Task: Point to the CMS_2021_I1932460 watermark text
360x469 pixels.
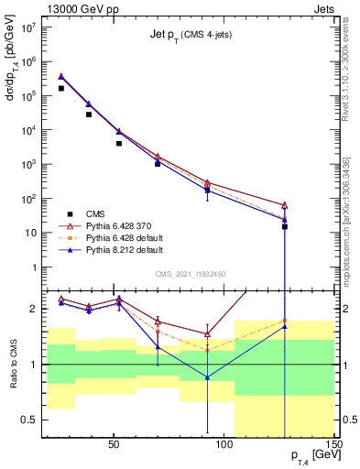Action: coord(191,273)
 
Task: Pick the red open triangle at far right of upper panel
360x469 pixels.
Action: coord(285,205)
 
